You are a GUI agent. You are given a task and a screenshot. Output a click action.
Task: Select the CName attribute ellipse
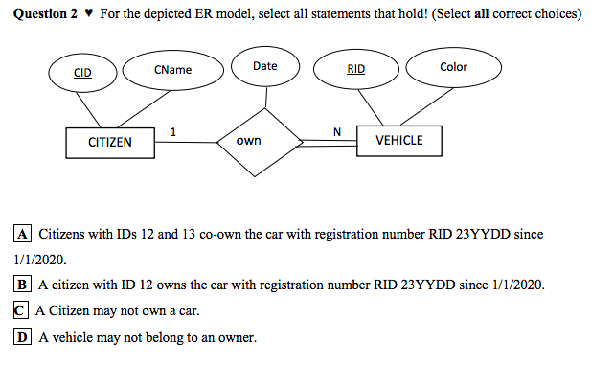(x=172, y=70)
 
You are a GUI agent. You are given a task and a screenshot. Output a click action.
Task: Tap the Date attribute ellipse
(x=265, y=66)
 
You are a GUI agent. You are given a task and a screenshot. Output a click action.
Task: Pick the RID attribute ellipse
(x=355, y=69)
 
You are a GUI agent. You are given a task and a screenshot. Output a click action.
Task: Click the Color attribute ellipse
(x=453, y=67)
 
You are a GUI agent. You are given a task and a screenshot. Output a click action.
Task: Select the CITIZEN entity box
(x=110, y=142)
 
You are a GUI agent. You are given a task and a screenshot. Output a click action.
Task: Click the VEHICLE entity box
(x=398, y=141)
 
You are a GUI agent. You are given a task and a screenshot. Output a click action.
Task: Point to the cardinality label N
(x=335, y=130)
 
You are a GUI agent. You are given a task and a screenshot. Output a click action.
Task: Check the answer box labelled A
(x=23, y=234)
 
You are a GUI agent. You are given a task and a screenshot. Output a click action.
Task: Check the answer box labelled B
(x=23, y=285)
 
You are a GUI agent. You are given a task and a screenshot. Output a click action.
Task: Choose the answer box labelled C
(x=21, y=310)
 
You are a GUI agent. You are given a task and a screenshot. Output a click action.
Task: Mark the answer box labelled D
(x=23, y=336)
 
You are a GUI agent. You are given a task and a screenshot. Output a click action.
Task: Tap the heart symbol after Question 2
(x=89, y=14)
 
